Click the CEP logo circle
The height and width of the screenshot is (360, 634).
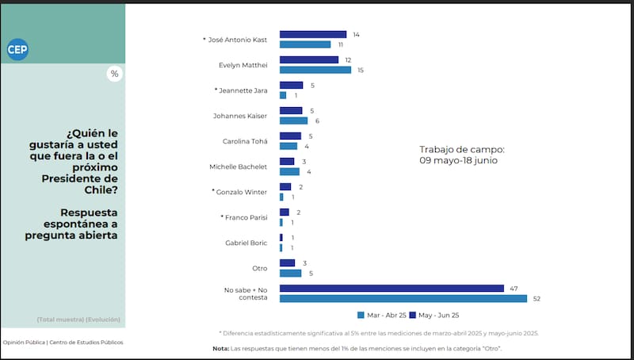click(x=17, y=49)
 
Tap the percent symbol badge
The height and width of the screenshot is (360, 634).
click(x=114, y=74)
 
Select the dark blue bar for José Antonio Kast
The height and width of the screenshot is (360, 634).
click(x=313, y=35)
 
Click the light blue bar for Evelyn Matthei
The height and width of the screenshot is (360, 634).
click(x=315, y=70)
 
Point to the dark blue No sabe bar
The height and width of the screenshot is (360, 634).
click(x=391, y=289)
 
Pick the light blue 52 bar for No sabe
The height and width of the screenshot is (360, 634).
click(x=403, y=298)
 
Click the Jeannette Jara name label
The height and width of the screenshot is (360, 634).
click(x=243, y=90)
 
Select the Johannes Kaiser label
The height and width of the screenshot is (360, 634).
click(x=240, y=116)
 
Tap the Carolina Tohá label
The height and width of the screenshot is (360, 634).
click(x=245, y=141)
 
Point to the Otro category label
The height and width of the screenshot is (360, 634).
click(x=259, y=268)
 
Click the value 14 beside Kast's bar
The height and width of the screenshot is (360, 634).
click(x=357, y=35)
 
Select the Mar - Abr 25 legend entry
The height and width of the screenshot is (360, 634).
click(x=384, y=314)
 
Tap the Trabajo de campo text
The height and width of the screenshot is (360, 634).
click(x=462, y=149)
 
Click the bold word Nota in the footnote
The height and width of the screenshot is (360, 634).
click(x=220, y=348)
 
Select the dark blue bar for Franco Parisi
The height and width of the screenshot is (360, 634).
click(x=285, y=213)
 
